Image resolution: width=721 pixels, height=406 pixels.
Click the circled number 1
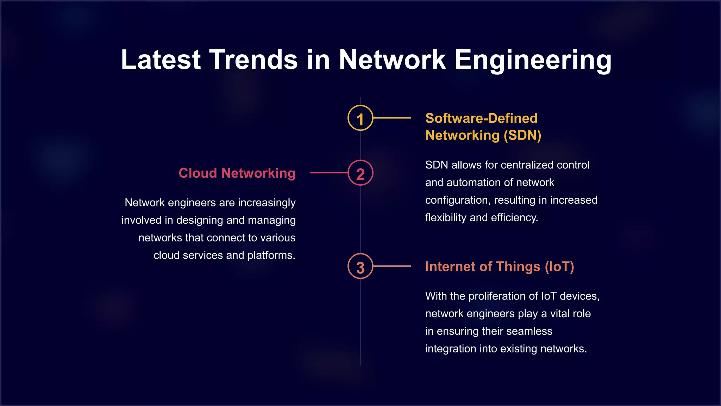coord(360,118)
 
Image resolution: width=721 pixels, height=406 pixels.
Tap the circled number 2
coord(360,173)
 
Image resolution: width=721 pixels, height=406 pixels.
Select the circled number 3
coord(360,266)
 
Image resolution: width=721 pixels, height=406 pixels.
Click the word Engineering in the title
coord(533,60)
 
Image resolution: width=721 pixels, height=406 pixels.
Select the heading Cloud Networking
coord(237,173)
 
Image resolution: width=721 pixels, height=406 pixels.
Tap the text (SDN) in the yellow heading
coord(522,135)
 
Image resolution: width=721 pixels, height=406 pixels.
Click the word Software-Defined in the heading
coord(481,118)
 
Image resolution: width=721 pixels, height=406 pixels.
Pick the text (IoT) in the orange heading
coord(559,267)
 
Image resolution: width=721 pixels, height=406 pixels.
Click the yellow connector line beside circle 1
coord(392,118)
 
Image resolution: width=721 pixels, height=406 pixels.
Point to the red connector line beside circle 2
coord(328,173)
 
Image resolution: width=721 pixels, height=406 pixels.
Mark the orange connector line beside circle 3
coord(392,266)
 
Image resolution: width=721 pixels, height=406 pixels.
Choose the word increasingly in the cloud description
coord(267,203)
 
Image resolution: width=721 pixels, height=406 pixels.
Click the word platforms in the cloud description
coord(271,255)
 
